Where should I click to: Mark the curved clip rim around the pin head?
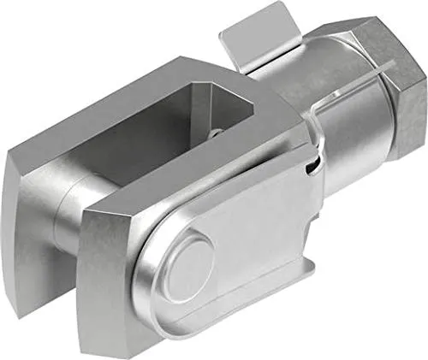pyautogui.click(x=154, y=282)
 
